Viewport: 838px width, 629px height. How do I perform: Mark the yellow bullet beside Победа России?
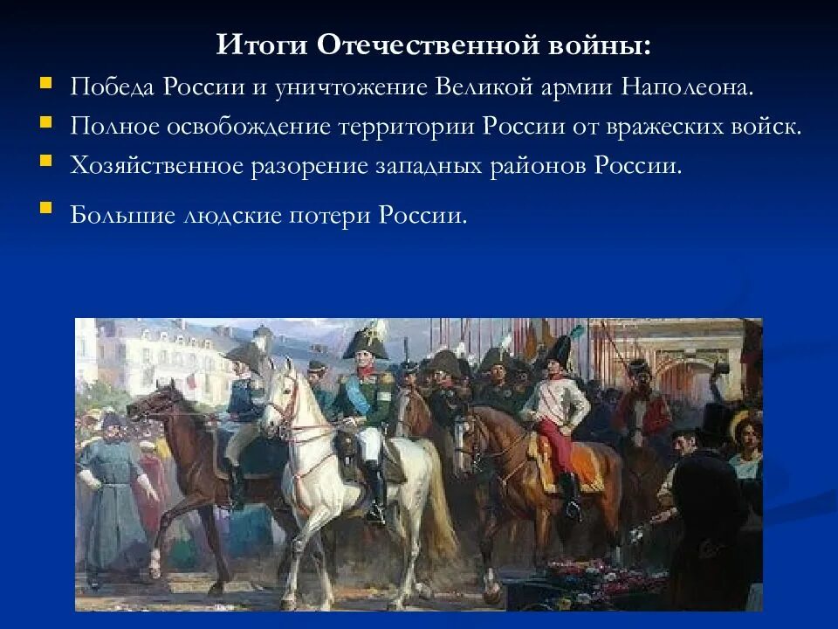point(45,84)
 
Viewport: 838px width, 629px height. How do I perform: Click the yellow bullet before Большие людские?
point(45,211)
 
